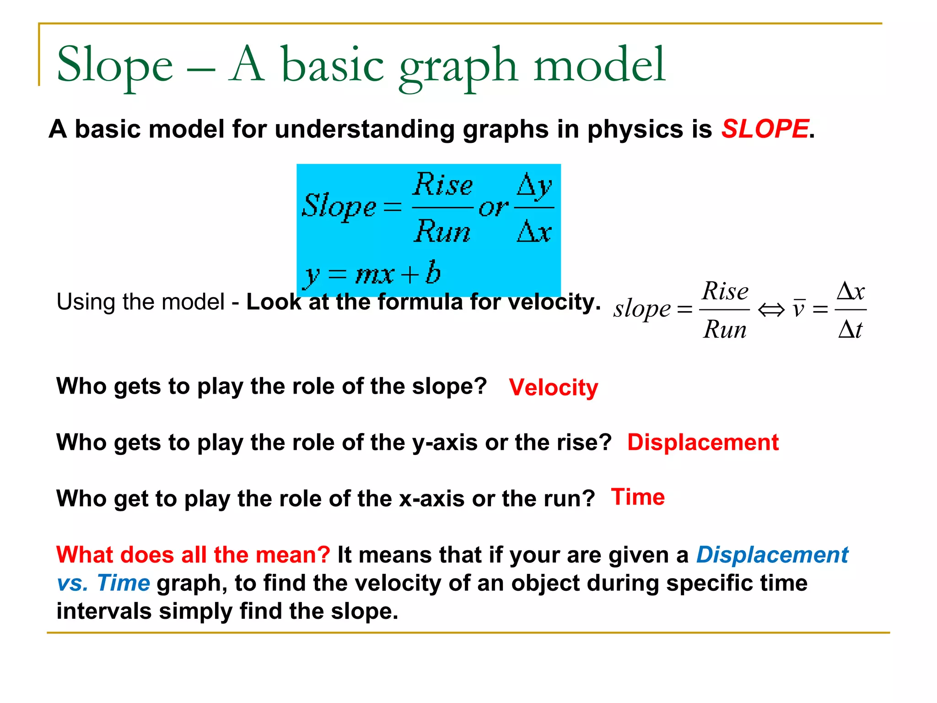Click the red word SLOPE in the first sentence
pos(765,129)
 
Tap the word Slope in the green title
pos(114,65)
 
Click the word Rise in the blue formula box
pos(442,184)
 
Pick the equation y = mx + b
pos(372,274)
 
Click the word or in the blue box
pos(493,208)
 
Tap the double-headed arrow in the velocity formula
pos(771,310)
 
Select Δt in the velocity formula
pos(850,329)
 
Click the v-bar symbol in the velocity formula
pos(798,309)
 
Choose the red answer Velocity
pos(553,388)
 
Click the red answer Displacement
pos(703,443)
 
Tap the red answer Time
pos(638,497)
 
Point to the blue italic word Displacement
pos(772,555)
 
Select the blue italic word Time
pos(124,583)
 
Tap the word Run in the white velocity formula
pos(725,329)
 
